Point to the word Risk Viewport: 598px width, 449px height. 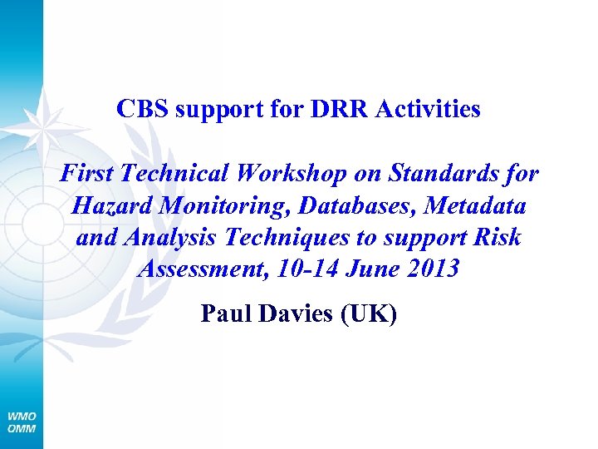[x=499, y=237]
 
